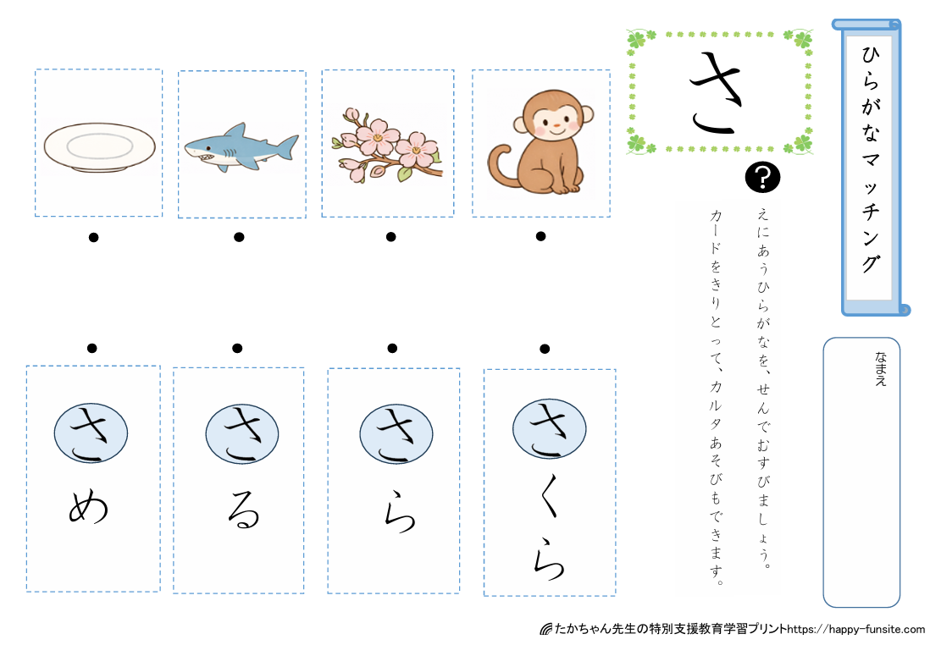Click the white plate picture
pyautogui.click(x=100, y=147)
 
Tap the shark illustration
pyautogui.click(x=241, y=147)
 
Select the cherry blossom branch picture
pyautogui.click(x=387, y=145)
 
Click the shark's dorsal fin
pyautogui.click(x=238, y=130)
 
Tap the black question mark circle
pyautogui.click(x=762, y=178)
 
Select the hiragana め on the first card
pyautogui.click(x=88, y=507)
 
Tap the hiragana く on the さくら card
pyautogui.click(x=547, y=495)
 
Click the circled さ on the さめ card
pyautogui.click(x=91, y=433)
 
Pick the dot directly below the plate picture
pyautogui.click(x=93, y=238)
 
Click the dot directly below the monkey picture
pyautogui.click(x=540, y=236)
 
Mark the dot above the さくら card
pyautogui.click(x=545, y=349)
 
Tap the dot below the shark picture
pyautogui.click(x=239, y=237)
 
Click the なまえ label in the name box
pyautogui.click(x=880, y=368)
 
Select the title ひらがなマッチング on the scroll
pyautogui.click(x=871, y=159)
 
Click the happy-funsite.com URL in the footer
pyautogui.click(x=855, y=629)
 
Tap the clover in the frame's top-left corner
pyautogui.click(x=637, y=40)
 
